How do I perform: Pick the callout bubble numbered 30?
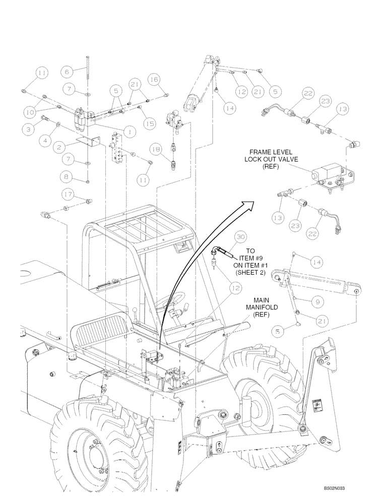pyautogui.click(x=240, y=237)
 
